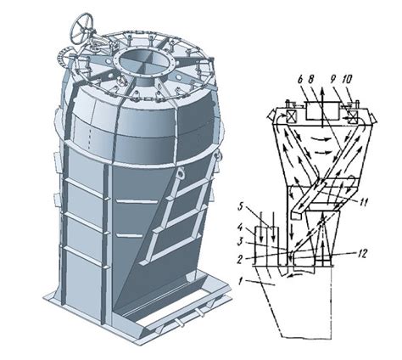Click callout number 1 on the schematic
(x=240, y=282)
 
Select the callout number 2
(x=240, y=259)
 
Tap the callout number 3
(x=240, y=243)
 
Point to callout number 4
(x=240, y=228)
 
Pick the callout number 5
(x=240, y=206)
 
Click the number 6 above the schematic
(x=301, y=80)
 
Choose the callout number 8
(x=310, y=80)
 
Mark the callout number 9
(x=336, y=80)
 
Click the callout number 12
(x=362, y=254)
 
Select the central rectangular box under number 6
(x=323, y=110)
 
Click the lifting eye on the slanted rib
(x=181, y=173)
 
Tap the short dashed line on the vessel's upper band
(x=90, y=138)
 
